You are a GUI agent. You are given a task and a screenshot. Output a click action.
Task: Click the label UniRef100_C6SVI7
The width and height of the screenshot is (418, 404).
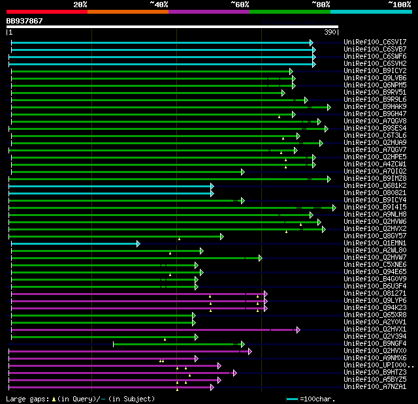375,42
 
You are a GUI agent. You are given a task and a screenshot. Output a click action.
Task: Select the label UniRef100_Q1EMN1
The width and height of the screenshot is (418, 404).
375,243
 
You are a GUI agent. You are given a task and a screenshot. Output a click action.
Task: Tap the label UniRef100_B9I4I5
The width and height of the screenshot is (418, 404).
375,207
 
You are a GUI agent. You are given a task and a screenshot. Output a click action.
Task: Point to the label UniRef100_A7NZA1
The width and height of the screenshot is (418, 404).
375,387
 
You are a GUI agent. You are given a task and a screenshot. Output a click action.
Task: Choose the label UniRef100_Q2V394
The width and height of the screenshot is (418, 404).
375,337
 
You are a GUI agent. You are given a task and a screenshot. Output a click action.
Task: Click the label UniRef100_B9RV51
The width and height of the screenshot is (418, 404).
375,92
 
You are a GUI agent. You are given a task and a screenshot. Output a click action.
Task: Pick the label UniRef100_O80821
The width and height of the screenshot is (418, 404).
375,193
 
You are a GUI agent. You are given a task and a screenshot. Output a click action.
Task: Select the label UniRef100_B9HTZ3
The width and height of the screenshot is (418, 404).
375,373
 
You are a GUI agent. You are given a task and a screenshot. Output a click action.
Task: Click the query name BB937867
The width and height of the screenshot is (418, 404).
25,21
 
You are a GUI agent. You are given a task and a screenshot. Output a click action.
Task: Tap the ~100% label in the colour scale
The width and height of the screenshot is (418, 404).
399,4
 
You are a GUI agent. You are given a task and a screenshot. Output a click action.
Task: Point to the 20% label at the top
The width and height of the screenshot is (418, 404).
80,4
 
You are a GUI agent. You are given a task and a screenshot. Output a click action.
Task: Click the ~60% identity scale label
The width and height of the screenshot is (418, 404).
240,4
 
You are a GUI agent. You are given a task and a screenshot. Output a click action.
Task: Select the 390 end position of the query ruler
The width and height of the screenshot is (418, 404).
329,32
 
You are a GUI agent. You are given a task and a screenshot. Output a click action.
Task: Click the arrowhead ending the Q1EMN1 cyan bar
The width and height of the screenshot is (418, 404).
138,243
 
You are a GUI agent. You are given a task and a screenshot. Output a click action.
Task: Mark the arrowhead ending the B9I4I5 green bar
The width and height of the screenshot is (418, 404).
334,208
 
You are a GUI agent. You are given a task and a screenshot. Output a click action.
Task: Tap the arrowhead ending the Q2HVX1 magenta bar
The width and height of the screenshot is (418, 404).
298,330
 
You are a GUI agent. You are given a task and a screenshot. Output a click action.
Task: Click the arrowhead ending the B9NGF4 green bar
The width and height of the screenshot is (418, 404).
242,344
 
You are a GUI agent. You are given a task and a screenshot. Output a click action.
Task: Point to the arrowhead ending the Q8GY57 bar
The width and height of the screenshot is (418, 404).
222,236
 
